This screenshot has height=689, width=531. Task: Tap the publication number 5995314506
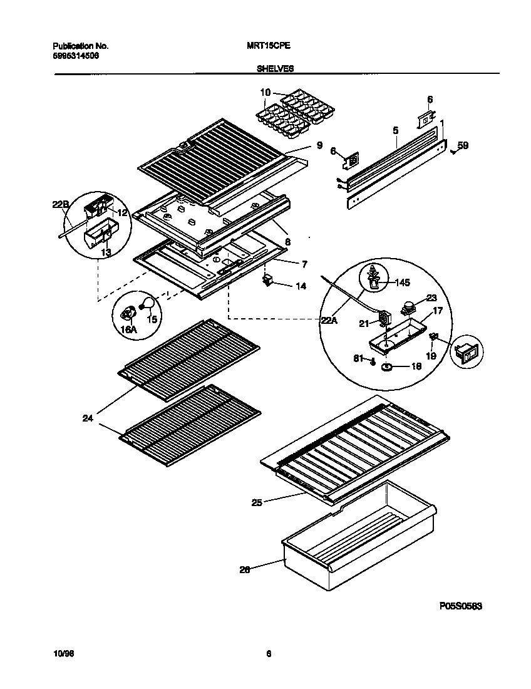click(x=75, y=55)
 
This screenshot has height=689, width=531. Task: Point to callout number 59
click(x=463, y=145)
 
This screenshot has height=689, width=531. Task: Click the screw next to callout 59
click(x=452, y=150)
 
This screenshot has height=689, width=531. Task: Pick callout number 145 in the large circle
click(x=403, y=282)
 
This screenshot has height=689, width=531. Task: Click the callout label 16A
click(x=128, y=329)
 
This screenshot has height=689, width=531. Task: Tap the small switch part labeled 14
click(x=269, y=280)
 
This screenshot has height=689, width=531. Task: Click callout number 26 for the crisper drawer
click(x=245, y=569)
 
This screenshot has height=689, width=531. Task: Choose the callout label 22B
click(x=59, y=203)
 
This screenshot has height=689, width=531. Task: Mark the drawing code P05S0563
click(x=460, y=606)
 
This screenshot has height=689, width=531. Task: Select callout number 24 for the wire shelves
click(x=88, y=418)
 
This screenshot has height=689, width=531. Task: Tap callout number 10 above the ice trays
click(x=265, y=92)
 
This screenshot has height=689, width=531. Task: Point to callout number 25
click(x=257, y=501)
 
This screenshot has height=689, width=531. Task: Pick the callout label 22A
click(x=329, y=321)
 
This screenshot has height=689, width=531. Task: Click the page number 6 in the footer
click(x=268, y=655)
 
